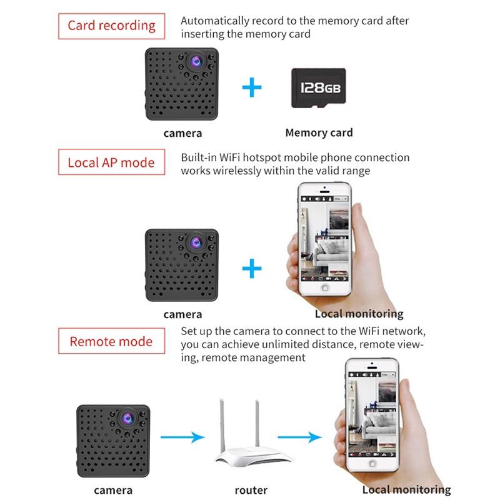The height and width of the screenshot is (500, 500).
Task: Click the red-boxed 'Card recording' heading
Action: [111, 26]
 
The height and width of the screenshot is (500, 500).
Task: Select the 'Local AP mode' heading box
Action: [111, 162]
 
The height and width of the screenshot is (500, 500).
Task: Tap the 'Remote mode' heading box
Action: [111, 342]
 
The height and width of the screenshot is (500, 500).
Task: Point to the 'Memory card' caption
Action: [319, 132]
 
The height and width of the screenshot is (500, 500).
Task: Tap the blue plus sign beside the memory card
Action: [252, 87]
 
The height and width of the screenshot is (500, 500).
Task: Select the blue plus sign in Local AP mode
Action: [252, 269]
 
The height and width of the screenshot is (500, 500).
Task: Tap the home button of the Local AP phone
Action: [325, 288]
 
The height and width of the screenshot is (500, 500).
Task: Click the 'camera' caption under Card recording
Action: [182, 133]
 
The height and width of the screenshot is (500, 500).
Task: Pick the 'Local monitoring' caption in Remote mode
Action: [406, 491]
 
